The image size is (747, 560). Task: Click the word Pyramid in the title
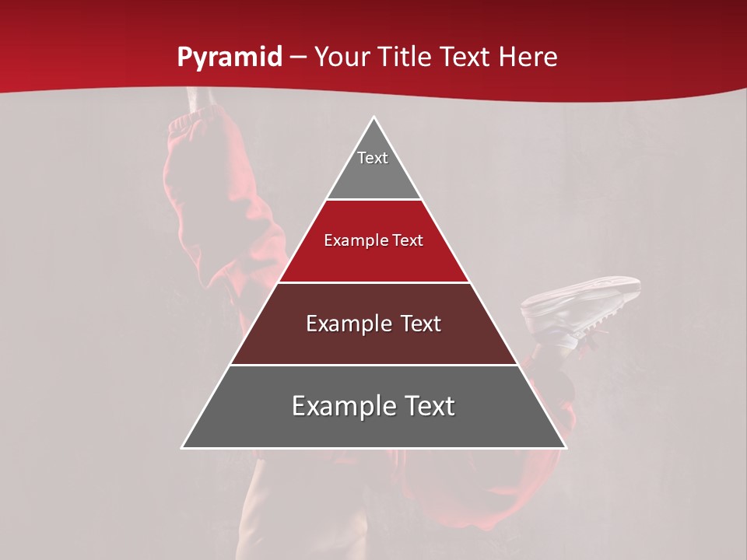pyautogui.click(x=230, y=58)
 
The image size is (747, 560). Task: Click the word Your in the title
pyautogui.click(x=342, y=58)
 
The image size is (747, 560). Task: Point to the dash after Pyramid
pyautogui.click(x=298, y=58)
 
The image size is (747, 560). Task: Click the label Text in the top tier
pyautogui.click(x=373, y=158)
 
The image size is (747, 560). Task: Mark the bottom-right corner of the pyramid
pyautogui.click(x=565, y=447)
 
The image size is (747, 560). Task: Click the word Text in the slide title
pyautogui.click(x=467, y=58)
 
